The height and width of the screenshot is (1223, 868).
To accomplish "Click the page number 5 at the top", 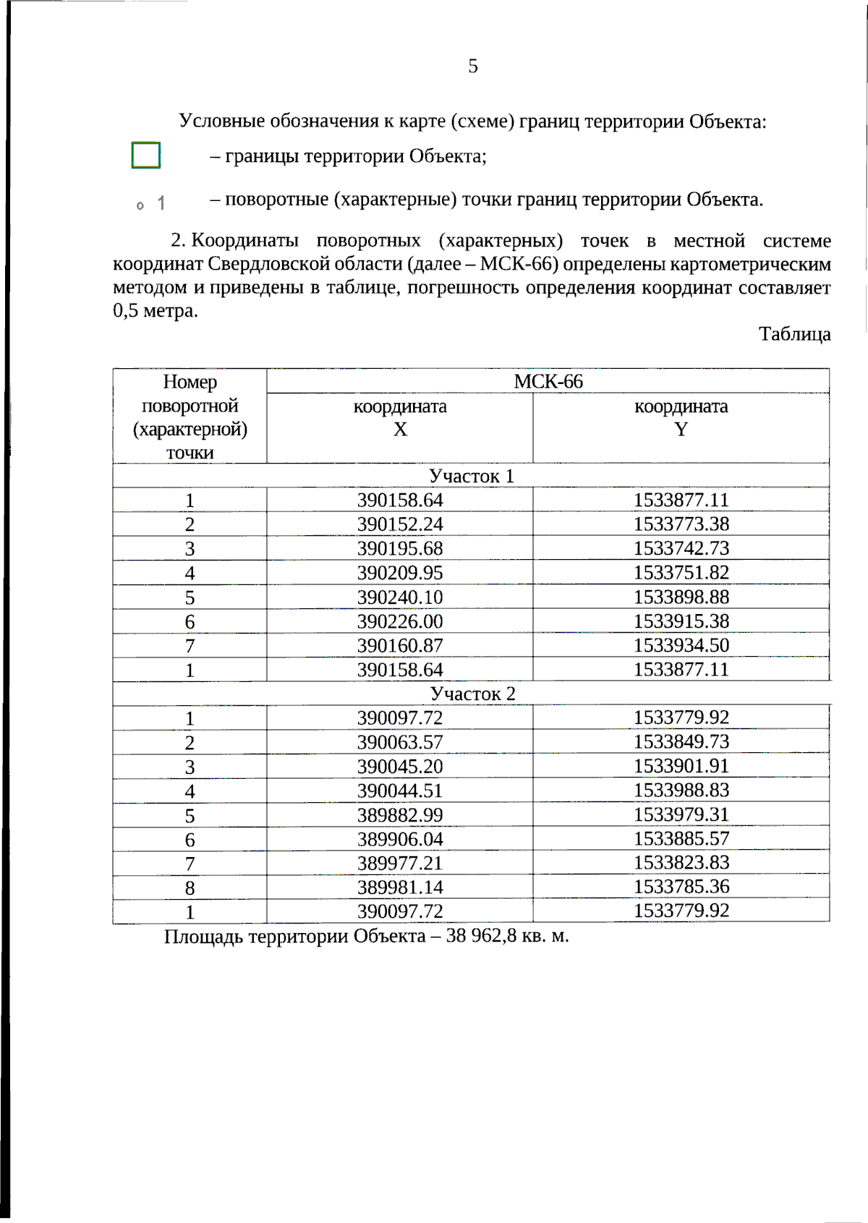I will coord(473,67).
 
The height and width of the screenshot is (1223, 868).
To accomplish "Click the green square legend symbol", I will coord(145,155).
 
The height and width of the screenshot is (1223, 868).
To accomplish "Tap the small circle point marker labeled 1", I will coord(140,205).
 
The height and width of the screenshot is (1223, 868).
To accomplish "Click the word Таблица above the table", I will coord(794,334).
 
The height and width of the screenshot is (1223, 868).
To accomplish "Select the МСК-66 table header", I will coord(548,381).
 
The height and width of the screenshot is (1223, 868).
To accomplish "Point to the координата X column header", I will coord(399,417).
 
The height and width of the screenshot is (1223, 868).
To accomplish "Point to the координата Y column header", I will coord(681,417).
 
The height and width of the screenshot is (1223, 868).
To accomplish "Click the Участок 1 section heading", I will coord(471,476).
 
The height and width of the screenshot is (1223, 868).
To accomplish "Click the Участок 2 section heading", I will coord(472,694).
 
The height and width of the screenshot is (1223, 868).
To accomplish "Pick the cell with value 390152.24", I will coord(399,524).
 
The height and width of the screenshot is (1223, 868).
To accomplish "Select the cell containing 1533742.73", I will coord(681,548).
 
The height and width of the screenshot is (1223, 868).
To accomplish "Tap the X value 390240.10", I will coord(399,597).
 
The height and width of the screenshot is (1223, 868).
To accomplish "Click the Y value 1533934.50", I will coord(681,645).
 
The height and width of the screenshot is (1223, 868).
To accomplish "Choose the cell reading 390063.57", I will coord(399,742).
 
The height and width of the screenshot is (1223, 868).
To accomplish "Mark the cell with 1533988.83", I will coord(681,790).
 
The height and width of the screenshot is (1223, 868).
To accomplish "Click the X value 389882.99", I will coord(399,815).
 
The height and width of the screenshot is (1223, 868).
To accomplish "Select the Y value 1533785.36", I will coord(681,887).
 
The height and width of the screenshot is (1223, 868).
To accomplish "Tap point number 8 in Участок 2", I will coord(190,888).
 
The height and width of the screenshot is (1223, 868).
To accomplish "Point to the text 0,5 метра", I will coord(155,311).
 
